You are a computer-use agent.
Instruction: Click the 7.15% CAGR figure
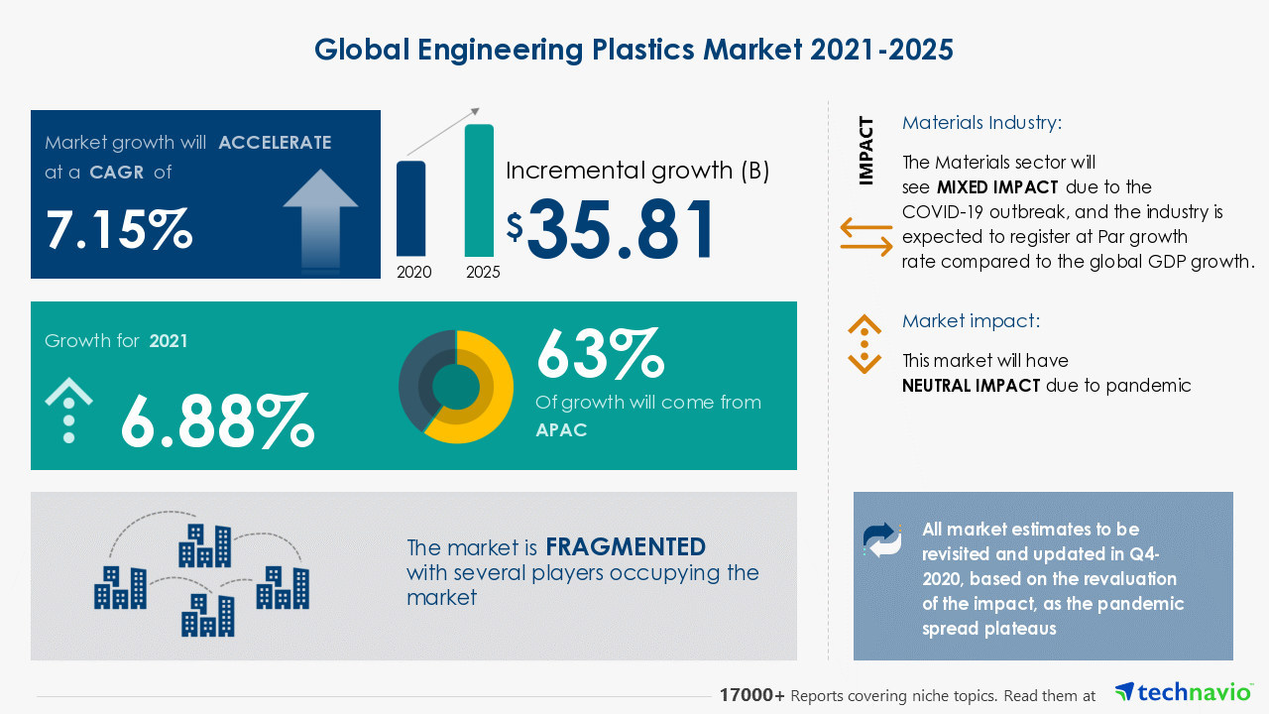(x=119, y=229)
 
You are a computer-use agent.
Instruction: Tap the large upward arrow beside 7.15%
(x=320, y=219)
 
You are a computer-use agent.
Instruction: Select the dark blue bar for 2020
(x=411, y=209)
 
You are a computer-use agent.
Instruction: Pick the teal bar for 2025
(x=479, y=190)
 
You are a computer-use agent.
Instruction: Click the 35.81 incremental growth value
(x=620, y=231)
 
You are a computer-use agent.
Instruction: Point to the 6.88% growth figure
(x=217, y=420)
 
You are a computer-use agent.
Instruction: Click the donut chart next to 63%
(x=456, y=387)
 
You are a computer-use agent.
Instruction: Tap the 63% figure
(x=599, y=354)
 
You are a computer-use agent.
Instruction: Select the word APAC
(x=561, y=429)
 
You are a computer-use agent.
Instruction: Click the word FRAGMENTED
(x=626, y=546)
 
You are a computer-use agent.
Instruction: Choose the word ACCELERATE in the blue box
(x=275, y=143)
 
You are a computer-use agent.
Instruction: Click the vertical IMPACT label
(x=866, y=151)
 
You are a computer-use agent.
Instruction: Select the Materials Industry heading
(x=981, y=123)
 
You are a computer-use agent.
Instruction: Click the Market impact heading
(x=971, y=321)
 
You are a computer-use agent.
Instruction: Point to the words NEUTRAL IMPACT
(x=971, y=386)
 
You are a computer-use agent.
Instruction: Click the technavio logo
(x=1183, y=692)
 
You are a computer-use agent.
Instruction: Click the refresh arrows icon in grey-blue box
(x=882, y=538)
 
